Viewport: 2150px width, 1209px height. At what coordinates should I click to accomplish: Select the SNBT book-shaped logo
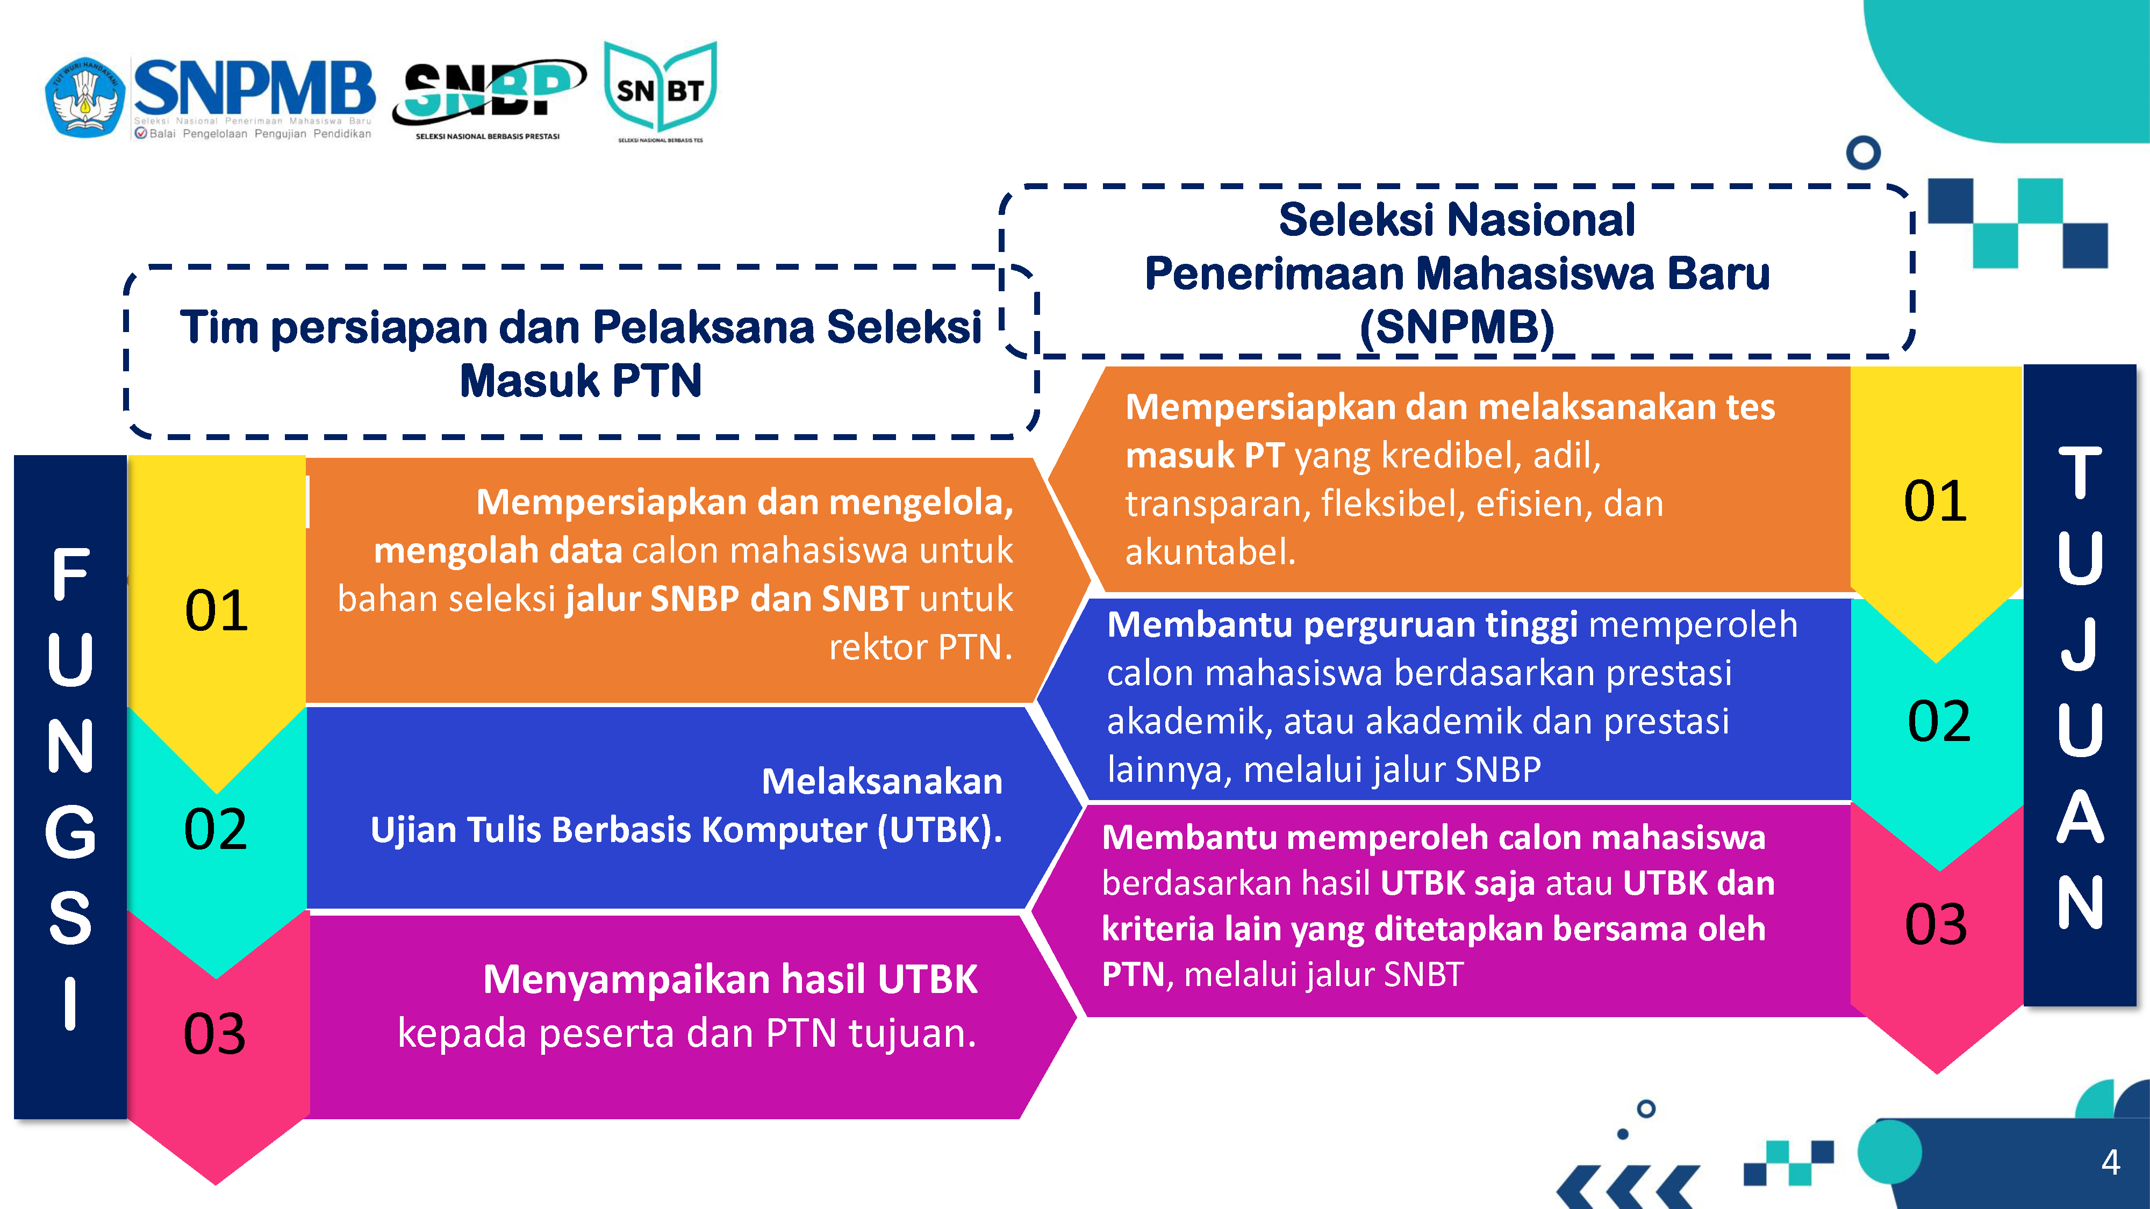tap(660, 90)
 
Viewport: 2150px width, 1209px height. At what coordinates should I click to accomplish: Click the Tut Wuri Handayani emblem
tap(84, 96)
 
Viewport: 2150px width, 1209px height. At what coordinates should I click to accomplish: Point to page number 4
tap(2111, 1161)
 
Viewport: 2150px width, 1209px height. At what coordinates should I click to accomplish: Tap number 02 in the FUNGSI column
tap(216, 829)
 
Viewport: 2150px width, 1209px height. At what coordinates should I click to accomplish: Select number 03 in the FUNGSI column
tap(214, 1034)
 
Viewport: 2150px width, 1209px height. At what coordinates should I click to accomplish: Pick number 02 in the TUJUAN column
tap(1939, 721)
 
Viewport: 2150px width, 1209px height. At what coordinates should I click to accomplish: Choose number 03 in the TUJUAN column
tap(1936, 924)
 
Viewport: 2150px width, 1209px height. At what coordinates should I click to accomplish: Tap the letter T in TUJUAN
tap(2080, 472)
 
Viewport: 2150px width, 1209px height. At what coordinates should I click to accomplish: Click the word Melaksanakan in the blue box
tap(882, 782)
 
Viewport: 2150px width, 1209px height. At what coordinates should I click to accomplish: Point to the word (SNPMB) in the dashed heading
tap(1457, 327)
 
